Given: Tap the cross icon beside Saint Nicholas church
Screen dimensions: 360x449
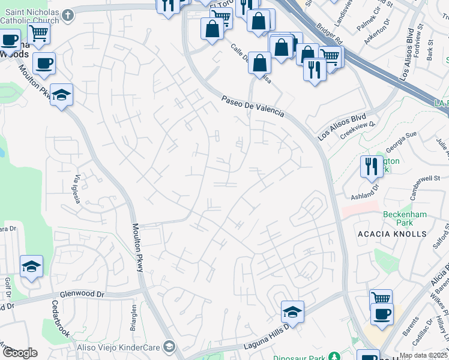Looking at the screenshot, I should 68,14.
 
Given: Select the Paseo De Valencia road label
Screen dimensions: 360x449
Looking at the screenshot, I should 252,107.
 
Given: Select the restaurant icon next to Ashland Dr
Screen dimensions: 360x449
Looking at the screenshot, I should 371,166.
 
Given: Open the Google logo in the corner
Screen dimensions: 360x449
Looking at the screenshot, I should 19,353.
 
